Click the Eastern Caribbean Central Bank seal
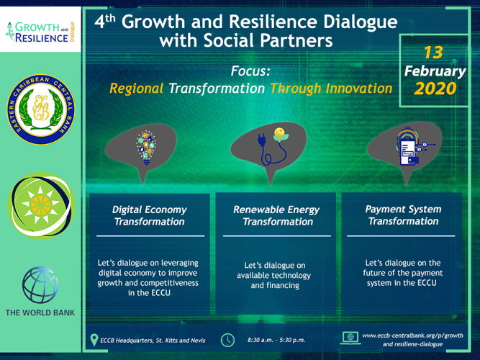41,109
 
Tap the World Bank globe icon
40,285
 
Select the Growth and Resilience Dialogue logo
40,32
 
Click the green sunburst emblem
41,205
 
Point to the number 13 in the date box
433,53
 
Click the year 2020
435,89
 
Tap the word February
435,71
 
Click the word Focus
250,71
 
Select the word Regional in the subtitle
137,89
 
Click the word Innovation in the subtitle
359,89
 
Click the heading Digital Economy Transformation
150,215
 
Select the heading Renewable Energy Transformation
276,215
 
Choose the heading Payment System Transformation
404,215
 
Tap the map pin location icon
94,340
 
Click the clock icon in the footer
227,340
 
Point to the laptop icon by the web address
350,338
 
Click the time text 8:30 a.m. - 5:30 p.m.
276,340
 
